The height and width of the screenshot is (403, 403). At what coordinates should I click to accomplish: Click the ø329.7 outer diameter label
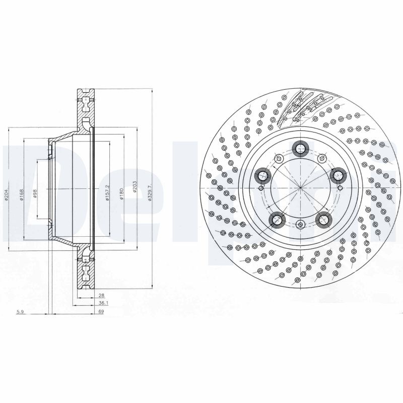pyautogui.click(x=150, y=192)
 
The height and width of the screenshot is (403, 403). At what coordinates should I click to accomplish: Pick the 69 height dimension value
pyautogui.click(x=101, y=313)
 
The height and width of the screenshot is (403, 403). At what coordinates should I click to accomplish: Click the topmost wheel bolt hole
pyautogui.click(x=300, y=148)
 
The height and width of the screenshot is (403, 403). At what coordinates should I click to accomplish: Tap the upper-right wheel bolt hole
pyautogui.click(x=337, y=175)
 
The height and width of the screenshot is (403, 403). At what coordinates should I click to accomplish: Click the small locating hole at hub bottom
pyautogui.click(x=300, y=225)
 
